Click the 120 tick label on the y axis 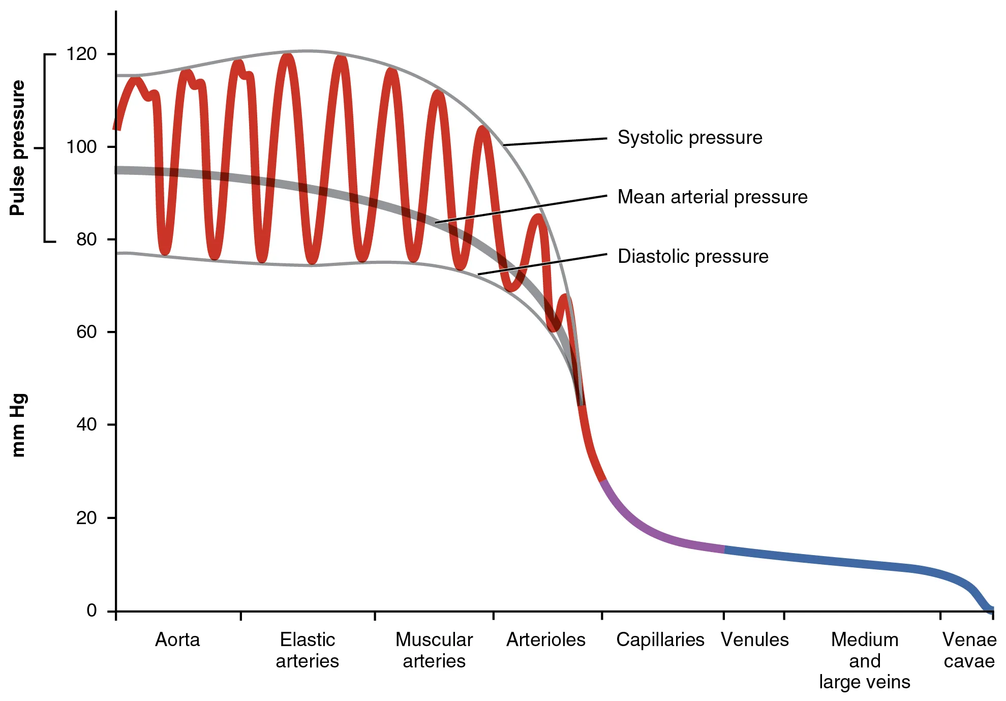(81, 54)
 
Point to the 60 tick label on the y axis (86, 332)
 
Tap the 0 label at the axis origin (92, 610)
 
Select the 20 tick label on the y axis (86, 518)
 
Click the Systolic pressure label (690, 138)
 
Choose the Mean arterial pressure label (712, 197)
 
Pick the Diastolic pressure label (693, 257)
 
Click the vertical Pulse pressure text (18, 147)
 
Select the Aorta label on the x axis (177, 639)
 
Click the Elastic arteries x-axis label (307, 650)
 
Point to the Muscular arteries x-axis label (434, 650)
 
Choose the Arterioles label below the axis (546, 639)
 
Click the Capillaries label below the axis (660, 639)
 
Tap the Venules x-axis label (755, 639)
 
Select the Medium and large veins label (864, 660)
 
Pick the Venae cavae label (969, 650)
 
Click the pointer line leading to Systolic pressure (554, 142)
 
